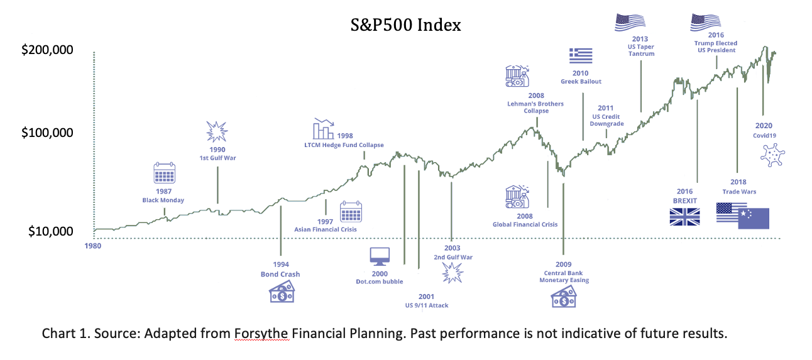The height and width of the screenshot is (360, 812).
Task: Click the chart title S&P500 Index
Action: pos(405,25)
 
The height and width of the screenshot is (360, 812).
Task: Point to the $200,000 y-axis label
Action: pos(47,50)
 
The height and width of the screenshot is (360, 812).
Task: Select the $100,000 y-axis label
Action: pos(47,133)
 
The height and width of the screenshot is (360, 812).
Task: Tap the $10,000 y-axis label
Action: pos(51,231)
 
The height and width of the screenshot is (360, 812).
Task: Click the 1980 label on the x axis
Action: pos(93,246)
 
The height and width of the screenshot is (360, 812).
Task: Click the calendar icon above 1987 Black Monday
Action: pos(164,173)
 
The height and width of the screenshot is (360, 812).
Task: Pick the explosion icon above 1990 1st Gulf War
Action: pos(217,131)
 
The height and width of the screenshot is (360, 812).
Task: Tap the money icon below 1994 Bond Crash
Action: pos(282,292)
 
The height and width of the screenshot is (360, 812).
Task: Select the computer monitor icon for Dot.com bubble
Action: pos(380,256)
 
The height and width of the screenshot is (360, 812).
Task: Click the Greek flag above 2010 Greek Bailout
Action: pos(581,56)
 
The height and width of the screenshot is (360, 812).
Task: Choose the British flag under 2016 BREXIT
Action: pos(685,217)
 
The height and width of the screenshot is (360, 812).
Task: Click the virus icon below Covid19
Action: pos(772,155)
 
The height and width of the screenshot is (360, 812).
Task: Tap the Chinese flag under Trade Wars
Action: pos(754,219)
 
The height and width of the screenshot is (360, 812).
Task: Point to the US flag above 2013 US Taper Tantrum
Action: pos(630,23)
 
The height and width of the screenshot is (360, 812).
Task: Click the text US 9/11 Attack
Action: pos(427,305)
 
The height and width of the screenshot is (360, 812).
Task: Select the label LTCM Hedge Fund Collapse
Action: pos(344,145)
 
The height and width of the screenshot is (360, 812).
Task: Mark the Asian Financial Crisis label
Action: pos(326,229)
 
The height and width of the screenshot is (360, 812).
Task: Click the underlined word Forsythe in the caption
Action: pos(261,333)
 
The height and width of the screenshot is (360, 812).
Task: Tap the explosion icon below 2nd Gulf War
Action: pos(453,272)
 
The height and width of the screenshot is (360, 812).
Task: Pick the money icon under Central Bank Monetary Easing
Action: pos(563,297)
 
